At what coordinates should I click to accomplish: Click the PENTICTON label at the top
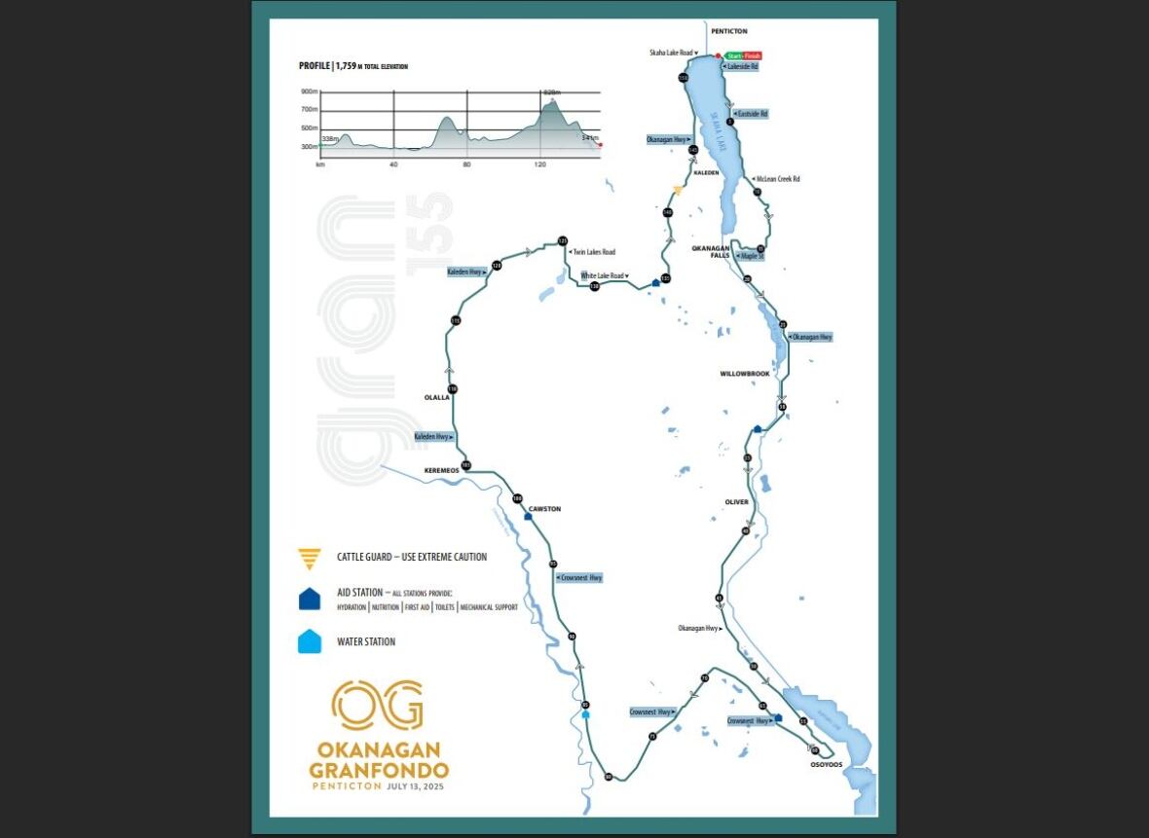729,31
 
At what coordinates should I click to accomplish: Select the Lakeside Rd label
742,67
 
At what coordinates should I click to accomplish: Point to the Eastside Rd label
751,114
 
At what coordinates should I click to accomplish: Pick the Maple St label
750,255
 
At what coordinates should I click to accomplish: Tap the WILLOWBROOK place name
745,374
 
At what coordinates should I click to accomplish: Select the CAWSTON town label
544,509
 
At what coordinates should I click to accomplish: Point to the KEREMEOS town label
441,471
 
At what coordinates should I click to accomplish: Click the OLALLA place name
436,397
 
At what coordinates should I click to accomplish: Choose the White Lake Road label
605,276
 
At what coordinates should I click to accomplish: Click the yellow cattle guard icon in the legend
310,558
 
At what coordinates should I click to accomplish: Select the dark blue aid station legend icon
310,599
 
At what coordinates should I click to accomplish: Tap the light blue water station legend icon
310,641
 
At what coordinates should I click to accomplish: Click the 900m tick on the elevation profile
310,91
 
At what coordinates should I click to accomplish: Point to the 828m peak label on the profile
554,91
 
